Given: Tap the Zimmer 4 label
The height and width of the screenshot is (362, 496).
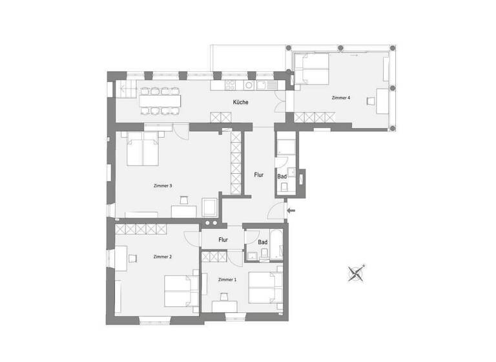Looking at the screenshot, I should pos(340,98).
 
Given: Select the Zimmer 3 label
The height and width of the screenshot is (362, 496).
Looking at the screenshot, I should pos(163,186).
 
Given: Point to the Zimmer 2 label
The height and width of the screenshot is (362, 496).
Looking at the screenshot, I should pos(163,257).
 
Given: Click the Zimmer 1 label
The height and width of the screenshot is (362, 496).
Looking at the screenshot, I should pos(227,279).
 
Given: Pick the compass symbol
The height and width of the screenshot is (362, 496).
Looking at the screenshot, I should pos(356,273).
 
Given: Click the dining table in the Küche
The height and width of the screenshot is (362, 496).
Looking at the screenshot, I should pos(160,101).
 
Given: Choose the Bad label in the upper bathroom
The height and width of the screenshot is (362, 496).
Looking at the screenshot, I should pos(282,176).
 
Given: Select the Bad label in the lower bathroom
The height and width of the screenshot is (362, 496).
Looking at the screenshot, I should pos(263,242).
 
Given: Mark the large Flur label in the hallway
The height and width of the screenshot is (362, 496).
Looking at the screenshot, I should pos(258,175).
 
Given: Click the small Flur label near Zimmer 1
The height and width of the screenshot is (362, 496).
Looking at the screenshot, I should pos(223,240).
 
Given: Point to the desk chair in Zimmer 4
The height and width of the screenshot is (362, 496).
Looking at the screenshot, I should pos(371,101).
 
